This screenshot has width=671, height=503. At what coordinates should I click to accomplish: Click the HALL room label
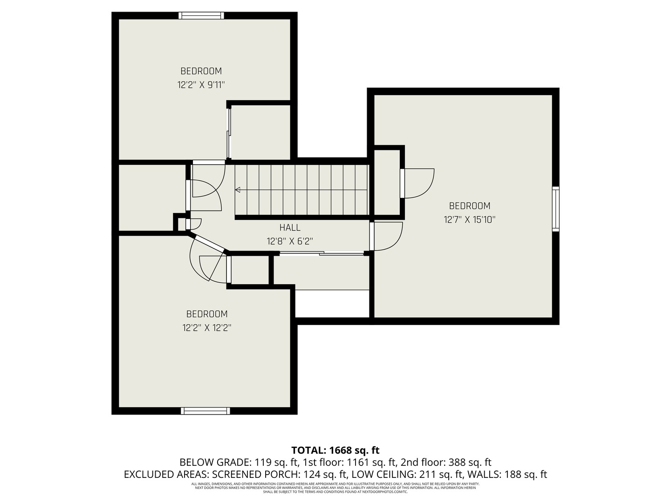pos(290,227)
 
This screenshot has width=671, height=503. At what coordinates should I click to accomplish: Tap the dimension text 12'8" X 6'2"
pos(290,241)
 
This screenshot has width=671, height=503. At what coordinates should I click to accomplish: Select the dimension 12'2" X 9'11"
pos(201,85)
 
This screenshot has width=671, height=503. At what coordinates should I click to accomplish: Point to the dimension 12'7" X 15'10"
pos(469,219)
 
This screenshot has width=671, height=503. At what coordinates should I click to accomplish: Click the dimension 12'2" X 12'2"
pos(207,328)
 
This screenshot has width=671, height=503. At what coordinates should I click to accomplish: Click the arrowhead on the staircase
pos(238,190)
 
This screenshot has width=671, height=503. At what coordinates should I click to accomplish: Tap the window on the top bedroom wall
pos(201,16)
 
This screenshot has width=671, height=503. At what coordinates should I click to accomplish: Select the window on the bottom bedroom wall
pos(205,411)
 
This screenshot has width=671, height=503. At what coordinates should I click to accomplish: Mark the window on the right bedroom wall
pos(555,209)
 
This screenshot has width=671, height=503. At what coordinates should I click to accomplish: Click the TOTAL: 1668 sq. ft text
pos(335,450)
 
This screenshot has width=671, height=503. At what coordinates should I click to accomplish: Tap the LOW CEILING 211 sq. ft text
pos(406,475)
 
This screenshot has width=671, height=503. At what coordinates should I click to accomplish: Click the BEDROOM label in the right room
pos(469,205)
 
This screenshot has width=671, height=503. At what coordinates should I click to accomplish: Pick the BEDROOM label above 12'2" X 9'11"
pos(201,71)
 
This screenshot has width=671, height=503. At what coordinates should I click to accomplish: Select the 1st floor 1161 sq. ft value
pos(348,462)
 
